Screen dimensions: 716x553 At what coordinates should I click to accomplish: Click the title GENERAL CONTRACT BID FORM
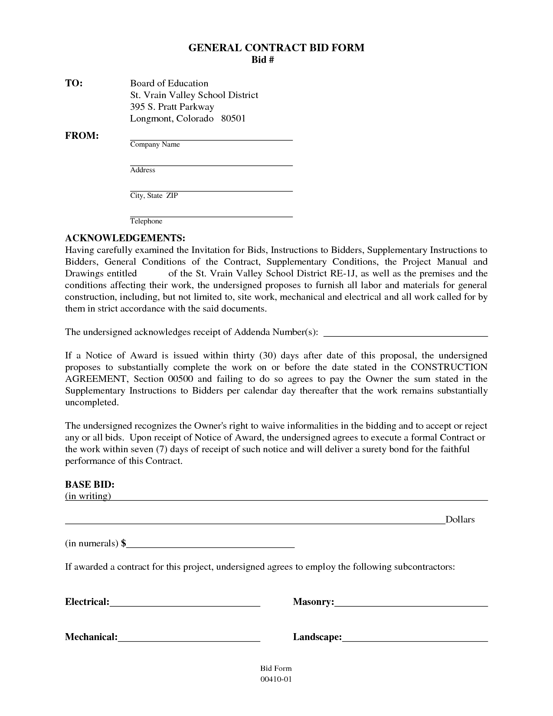tap(276, 48)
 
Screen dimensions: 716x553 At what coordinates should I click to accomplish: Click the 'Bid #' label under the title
tap(263, 60)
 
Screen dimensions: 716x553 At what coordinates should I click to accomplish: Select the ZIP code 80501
tap(233, 118)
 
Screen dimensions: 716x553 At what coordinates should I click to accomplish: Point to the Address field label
tap(143, 170)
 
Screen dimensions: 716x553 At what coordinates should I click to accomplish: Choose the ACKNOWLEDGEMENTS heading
tap(125, 238)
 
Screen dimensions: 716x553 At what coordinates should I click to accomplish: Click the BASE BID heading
tap(90, 484)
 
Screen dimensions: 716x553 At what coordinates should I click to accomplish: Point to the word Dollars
tap(460, 520)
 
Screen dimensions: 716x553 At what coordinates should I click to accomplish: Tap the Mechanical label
tap(91, 637)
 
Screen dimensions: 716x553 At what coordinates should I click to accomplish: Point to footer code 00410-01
tap(276, 679)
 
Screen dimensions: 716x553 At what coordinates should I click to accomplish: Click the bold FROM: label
tap(82, 136)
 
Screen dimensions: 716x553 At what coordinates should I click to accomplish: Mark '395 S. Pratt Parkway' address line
tap(172, 107)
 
